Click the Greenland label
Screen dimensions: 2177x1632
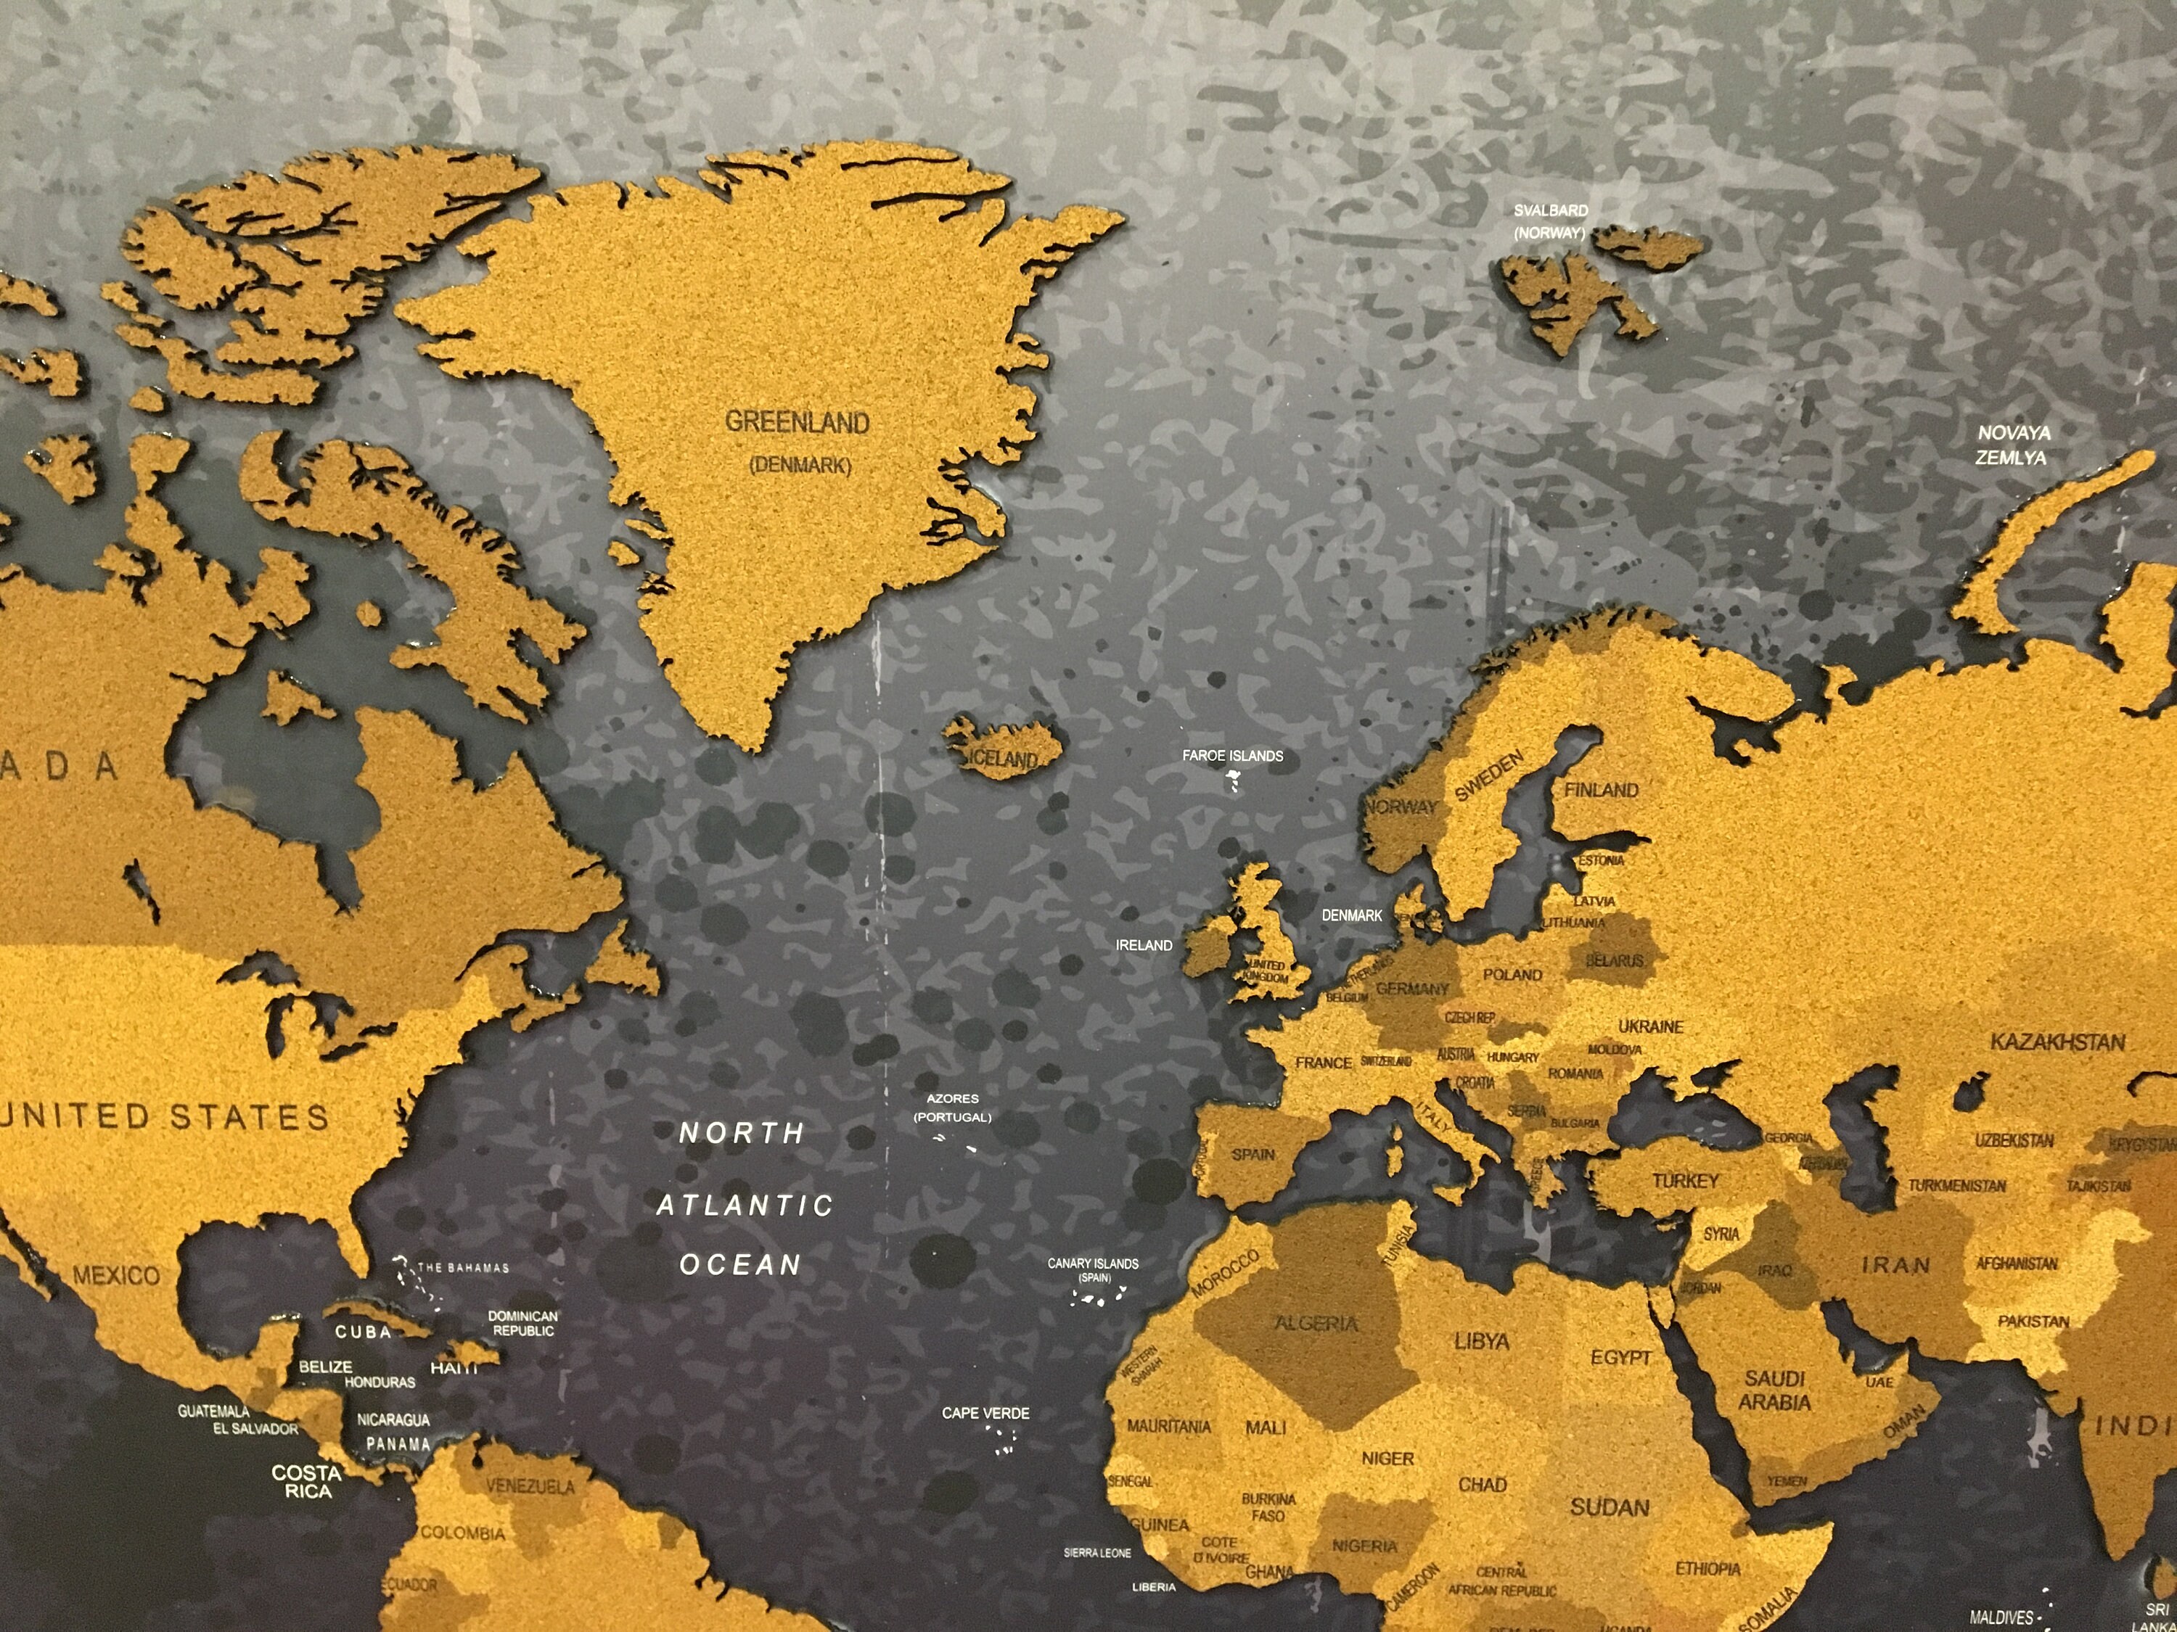point(798,423)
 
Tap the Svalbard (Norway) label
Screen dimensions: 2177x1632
point(1550,221)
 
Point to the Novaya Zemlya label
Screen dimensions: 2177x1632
point(2014,445)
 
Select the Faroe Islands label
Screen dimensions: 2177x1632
point(1232,756)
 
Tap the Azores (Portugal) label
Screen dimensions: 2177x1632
point(951,1108)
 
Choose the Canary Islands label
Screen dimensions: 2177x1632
point(1092,1269)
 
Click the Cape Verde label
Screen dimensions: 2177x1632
point(985,1413)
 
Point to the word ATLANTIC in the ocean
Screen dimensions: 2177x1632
point(745,1205)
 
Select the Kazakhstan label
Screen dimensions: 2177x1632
point(2058,1042)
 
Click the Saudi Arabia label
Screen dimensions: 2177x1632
point(1774,1390)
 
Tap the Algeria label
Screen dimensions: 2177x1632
point(1316,1324)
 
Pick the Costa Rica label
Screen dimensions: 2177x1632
point(307,1481)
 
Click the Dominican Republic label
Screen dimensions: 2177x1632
point(522,1323)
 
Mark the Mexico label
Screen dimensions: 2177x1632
point(116,1276)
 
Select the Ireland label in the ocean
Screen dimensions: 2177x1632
point(1144,945)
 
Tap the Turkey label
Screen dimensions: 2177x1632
point(1685,1180)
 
